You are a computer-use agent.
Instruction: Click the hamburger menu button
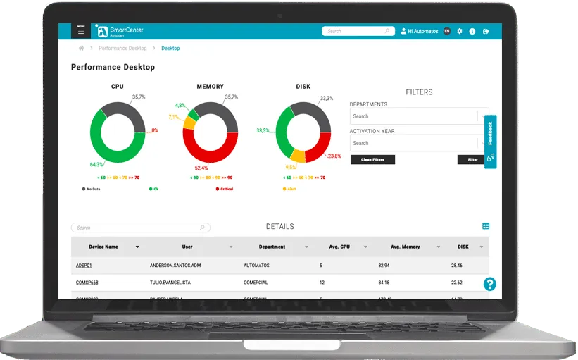[x=81, y=31]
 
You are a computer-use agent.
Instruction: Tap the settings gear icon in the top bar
[x=460, y=31]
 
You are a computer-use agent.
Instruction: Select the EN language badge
[x=447, y=31]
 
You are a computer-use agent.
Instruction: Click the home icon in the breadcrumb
[x=82, y=49]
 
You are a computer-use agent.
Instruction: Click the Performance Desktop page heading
[x=113, y=68]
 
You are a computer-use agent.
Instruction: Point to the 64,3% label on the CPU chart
[x=97, y=164]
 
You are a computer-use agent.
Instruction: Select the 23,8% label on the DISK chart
[x=334, y=156]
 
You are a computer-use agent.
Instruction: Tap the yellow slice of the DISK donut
[x=298, y=156]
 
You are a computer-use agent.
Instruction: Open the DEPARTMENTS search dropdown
[x=420, y=116]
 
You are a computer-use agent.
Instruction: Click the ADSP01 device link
[x=84, y=266]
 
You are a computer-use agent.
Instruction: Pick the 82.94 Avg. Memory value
[x=384, y=266]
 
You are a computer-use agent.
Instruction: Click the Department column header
[x=272, y=247]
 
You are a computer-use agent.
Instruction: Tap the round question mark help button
[x=490, y=284]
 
